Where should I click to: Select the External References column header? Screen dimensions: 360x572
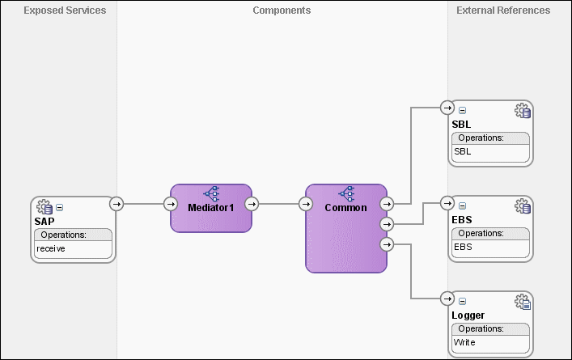pyautogui.click(x=503, y=11)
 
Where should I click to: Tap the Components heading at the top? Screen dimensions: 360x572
pyautogui.click(x=282, y=11)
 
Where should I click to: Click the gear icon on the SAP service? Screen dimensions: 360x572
pyautogui.click(x=45, y=207)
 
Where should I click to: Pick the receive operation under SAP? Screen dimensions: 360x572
pyautogui.click(x=51, y=248)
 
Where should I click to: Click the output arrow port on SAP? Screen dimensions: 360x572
pyautogui.click(x=117, y=204)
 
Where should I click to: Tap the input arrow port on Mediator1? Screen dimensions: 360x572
pyautogui.click(x=171, y=204)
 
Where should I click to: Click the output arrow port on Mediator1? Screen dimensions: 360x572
pyautogui.click(x=251, y=204)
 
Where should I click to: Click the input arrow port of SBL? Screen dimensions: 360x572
pyautogui.click(x=447, y=108)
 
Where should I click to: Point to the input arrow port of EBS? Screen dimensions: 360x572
pyautogui.click(x=447, y=203)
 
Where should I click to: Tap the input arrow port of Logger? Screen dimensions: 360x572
pyautogui.click(x=447, y=299)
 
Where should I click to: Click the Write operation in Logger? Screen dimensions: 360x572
pyautogui.click(x=464, y=342)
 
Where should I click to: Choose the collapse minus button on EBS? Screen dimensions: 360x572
pyautogui.click(x=462, y=205)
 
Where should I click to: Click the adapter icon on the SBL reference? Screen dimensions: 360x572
pyautogui.click(x=522, y=111)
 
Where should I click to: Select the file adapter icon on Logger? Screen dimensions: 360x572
pyautogui.click(x=522, y=302)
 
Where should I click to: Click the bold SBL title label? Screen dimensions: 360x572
pyautogui.click(x=461, y=124)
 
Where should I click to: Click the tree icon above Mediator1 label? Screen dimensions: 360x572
pyautogui.click(x=210, y=193)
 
